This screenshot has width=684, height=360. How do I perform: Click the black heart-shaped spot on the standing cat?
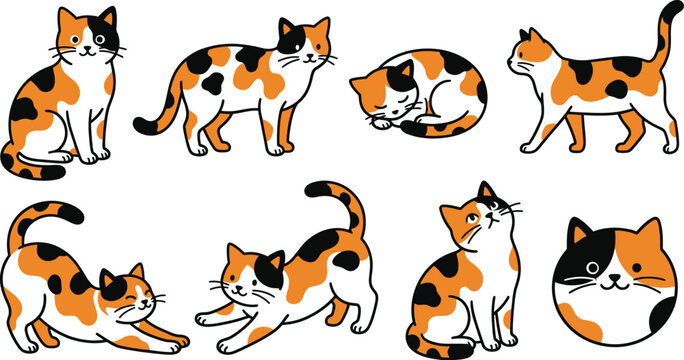pyautogui.click(x=212, y=84)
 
